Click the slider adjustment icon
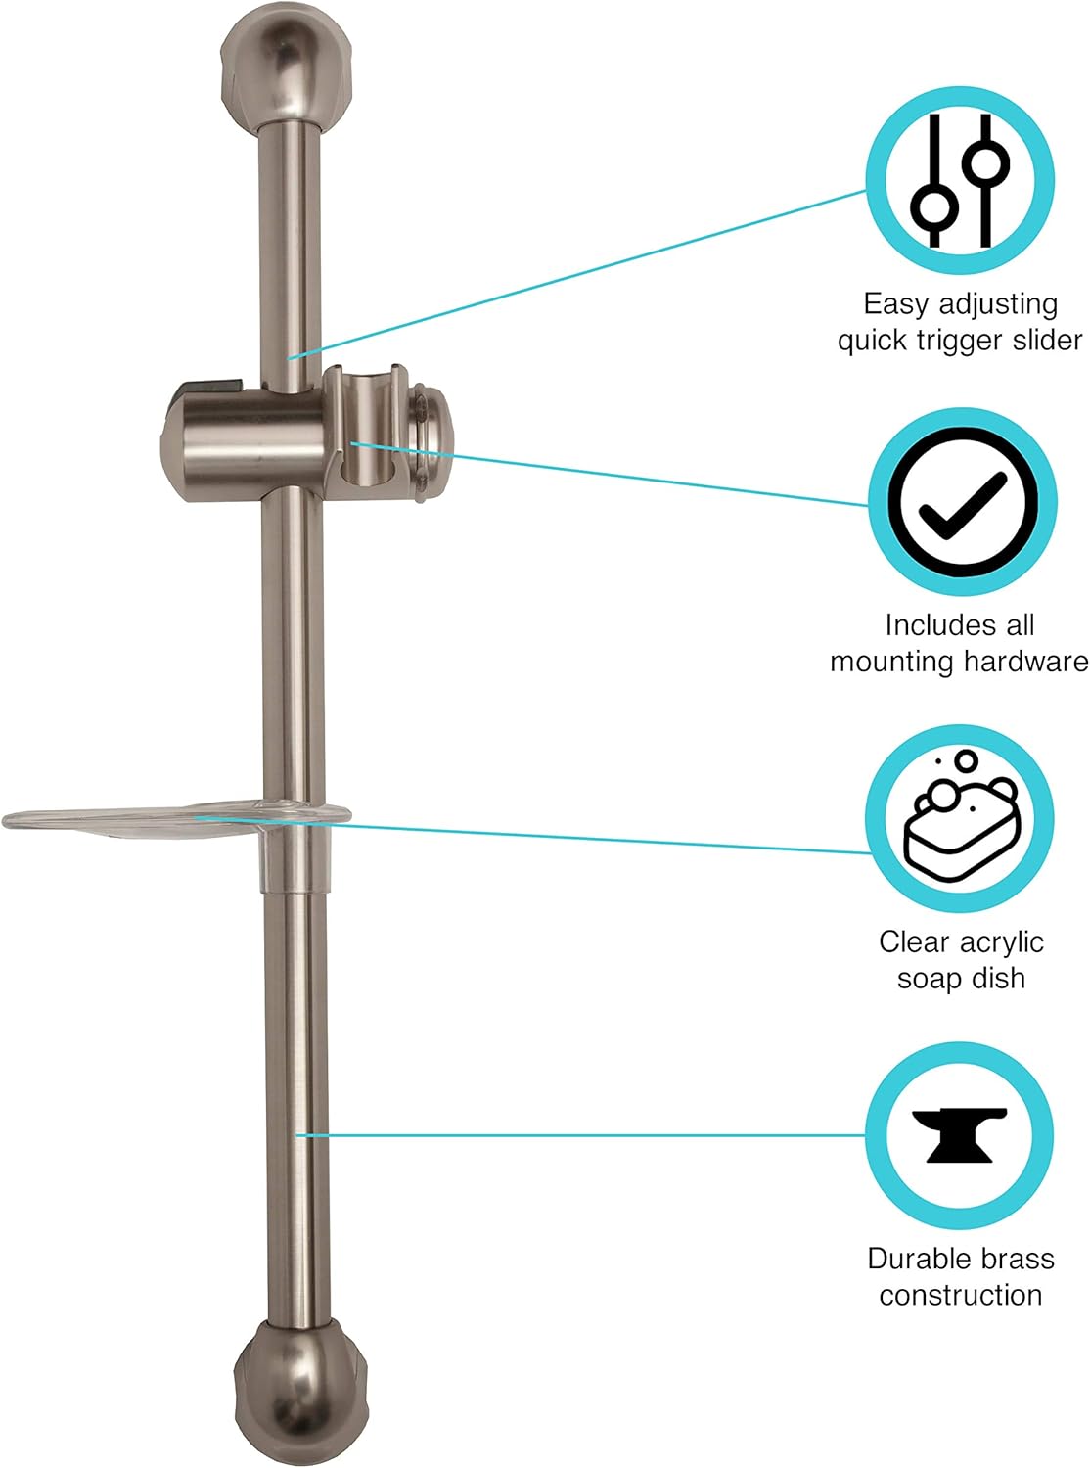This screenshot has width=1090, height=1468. click(960, 180)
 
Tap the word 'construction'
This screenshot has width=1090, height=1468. click(960, 1296)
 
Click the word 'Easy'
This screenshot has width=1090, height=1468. click(894, 304)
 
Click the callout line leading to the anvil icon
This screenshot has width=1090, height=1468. click(587, 1135)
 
